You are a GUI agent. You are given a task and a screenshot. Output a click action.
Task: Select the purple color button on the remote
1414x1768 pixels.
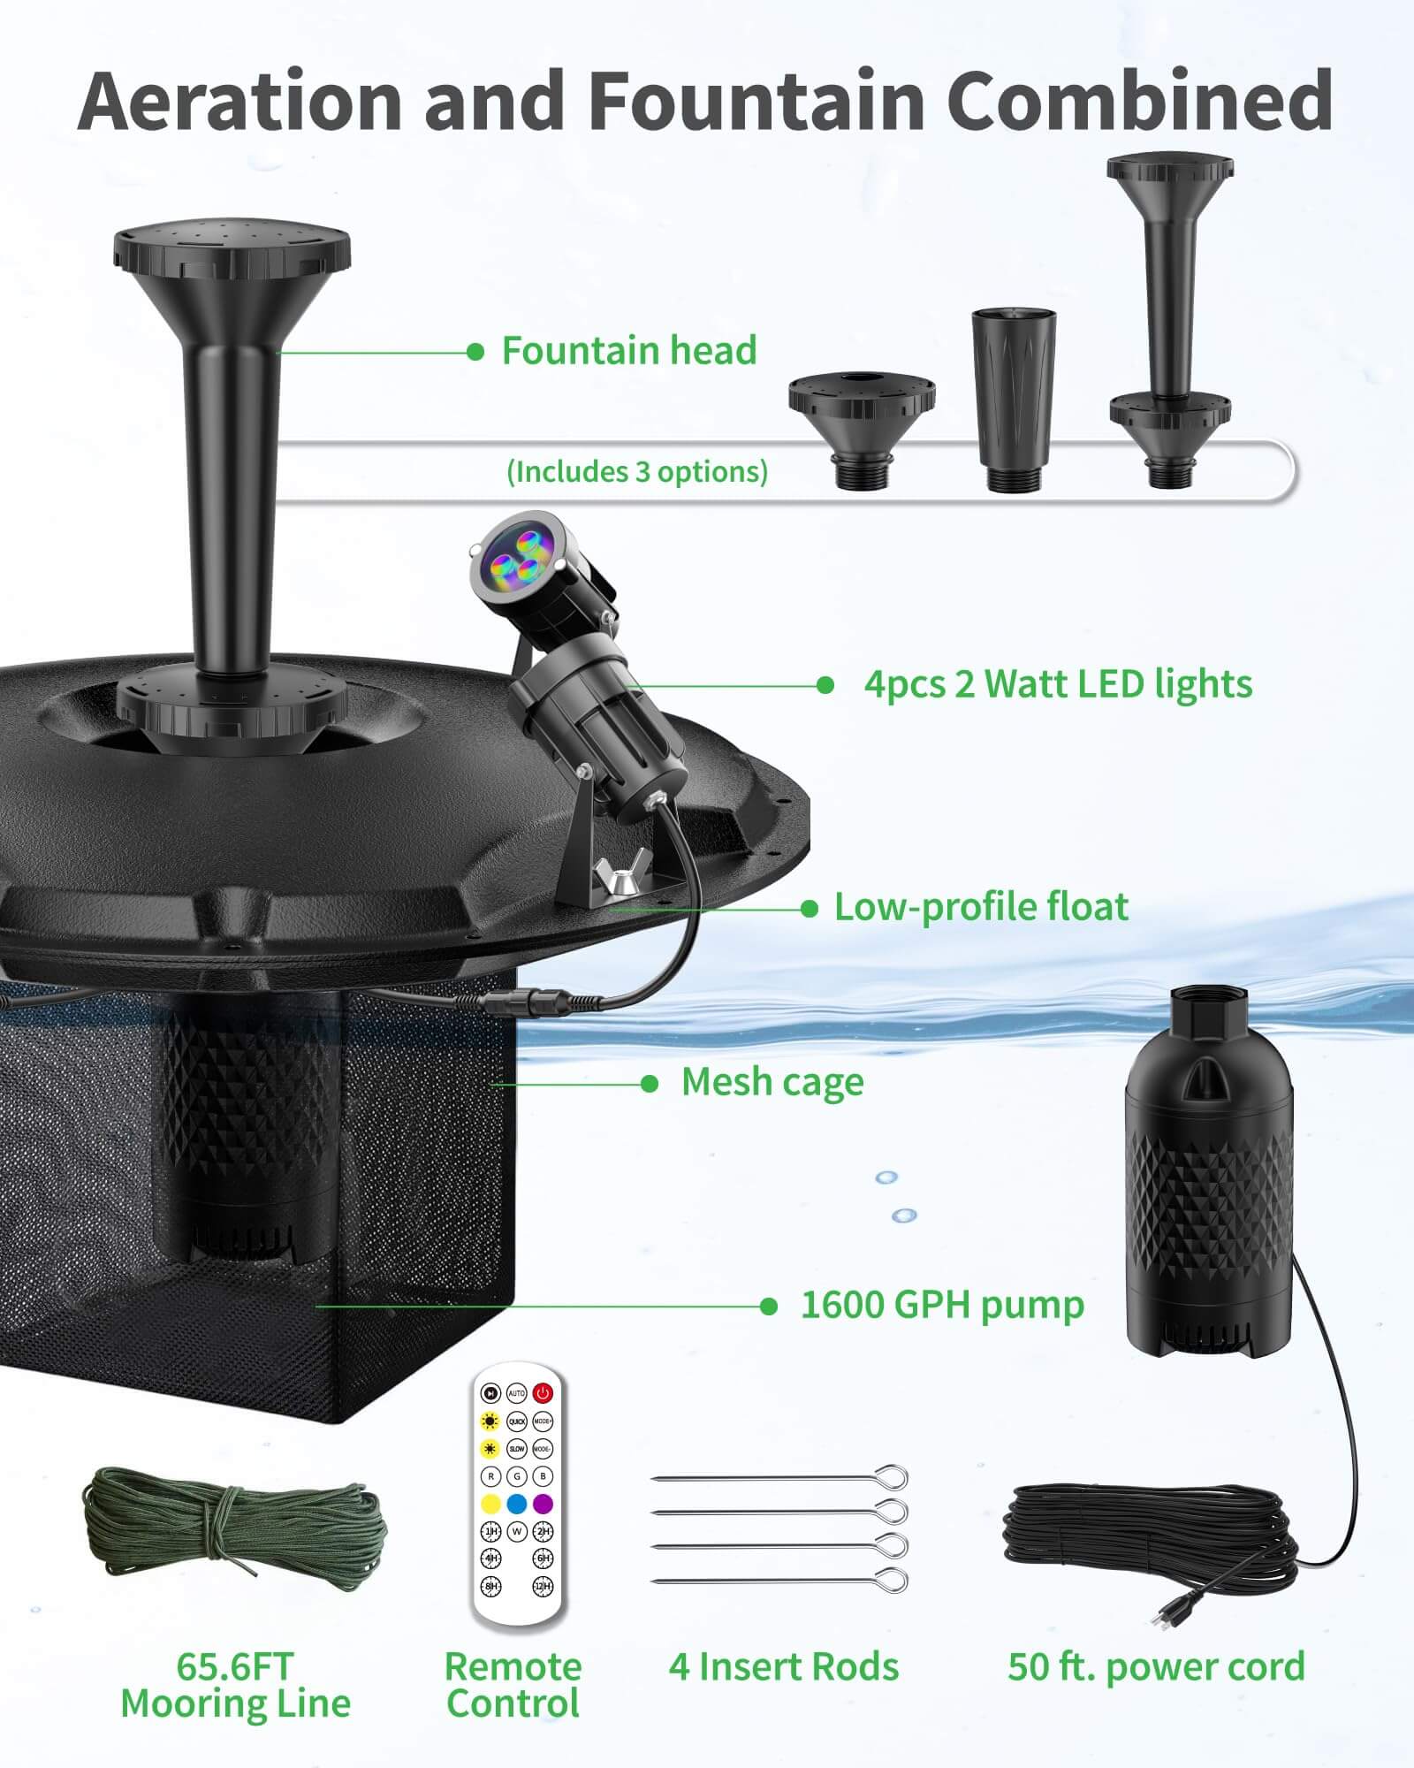click(543, 1503)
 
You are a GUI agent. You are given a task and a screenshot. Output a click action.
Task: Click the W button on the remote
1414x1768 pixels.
click(517, 1531)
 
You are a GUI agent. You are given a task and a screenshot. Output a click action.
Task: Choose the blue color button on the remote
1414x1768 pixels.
click(517, 1503)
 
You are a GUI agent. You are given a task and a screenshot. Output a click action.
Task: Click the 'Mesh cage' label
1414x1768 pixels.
click(772, 1083)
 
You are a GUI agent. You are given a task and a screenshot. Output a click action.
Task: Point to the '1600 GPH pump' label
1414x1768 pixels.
click(942, 1305)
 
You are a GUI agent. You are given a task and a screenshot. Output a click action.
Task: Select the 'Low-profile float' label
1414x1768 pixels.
click(981, 907)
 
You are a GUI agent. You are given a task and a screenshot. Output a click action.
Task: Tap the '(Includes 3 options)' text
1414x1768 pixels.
click(637, 471)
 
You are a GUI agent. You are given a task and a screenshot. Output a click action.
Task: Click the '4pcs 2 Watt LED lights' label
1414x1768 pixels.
click(1058, 684)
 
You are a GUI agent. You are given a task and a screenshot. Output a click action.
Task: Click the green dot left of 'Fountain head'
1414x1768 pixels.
click(475, 352)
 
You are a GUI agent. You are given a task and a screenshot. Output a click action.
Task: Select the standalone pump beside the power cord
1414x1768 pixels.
click(1208, 1185)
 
